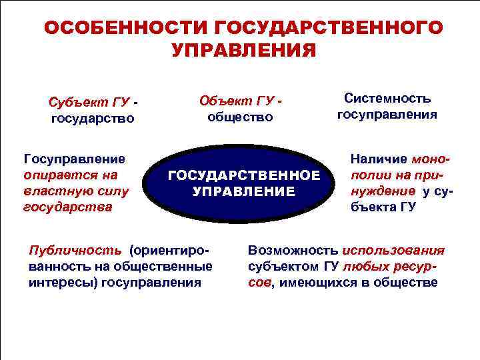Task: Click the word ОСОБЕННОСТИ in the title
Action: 126,28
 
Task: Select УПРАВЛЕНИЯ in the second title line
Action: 243,51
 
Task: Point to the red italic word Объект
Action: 224,100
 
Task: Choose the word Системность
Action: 387,98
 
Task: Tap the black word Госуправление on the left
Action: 74,159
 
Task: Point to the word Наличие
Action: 379,160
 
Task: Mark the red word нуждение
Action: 377,191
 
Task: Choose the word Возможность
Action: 293,251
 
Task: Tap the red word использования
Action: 393,251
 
